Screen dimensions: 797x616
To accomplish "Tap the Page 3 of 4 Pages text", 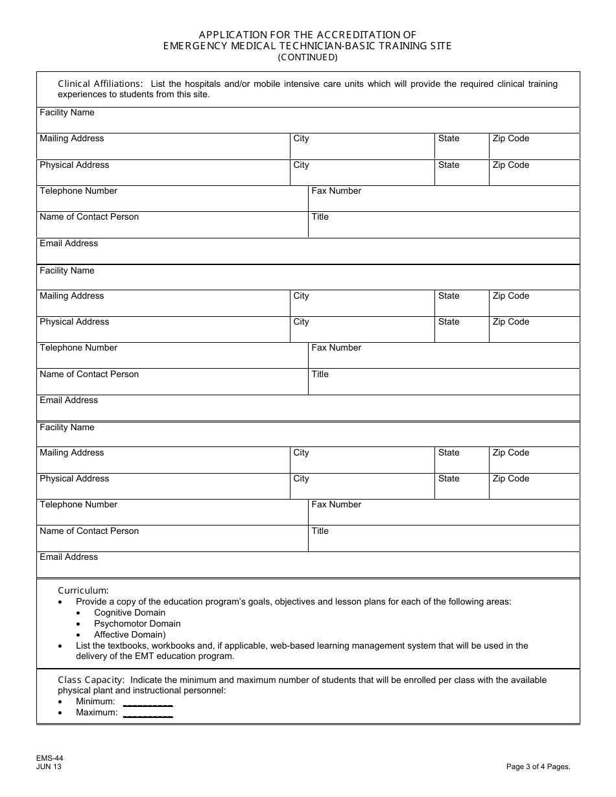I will [538, 767].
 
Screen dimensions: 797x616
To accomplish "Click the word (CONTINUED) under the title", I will [308, 57].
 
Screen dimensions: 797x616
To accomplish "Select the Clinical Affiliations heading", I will [101, 84].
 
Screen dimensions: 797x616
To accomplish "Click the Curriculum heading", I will [84, 590].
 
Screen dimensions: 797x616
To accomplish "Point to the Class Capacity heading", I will [91, 680].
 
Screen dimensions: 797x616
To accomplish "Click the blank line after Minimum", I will [148, 702].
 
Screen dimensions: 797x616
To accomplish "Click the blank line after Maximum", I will [148, 713].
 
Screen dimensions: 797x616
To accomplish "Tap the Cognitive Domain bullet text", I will [130, 612].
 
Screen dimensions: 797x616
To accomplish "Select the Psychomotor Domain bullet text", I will [137, 623].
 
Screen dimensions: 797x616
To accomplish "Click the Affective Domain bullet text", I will [130, 634].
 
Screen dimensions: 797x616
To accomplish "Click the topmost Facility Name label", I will [67, 113].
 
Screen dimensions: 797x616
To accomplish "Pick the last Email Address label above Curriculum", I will [69, 557].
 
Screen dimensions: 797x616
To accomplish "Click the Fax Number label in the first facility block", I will [336, 191].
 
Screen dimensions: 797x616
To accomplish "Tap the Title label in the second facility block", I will [320, 375].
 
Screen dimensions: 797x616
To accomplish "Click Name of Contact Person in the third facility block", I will [89, 531].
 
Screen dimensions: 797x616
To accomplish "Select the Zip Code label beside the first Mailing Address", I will [510, 139].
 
